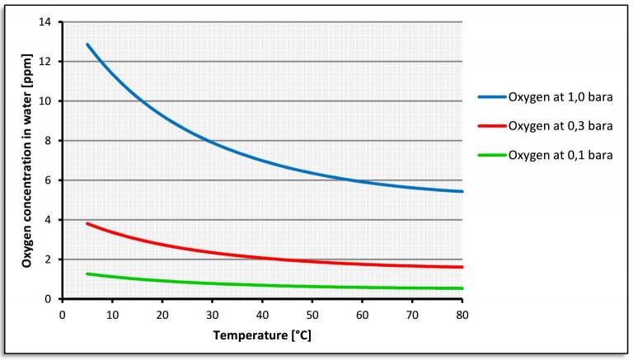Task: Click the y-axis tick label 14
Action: (x=45, y=22)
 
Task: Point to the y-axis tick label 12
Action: (x=45, y=62)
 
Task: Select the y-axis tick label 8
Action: (x=49, y=141)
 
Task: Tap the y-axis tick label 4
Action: (x=49, y=220)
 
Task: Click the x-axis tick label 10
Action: (x=112, y=315)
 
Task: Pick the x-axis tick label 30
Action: (x=212, y=315)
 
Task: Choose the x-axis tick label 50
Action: (x=312, y=315)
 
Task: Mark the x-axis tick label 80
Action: (x=462, y=315)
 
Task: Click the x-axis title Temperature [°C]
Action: (x=261, y=335)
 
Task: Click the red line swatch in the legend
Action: (x=492, y=126)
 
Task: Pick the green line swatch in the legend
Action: (x=492, y=155)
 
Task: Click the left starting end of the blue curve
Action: (x=87, y=44)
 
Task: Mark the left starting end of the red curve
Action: (x=87, y=223)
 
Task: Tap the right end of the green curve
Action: (x=462, y=288)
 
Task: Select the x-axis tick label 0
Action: (x=62, y=315)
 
